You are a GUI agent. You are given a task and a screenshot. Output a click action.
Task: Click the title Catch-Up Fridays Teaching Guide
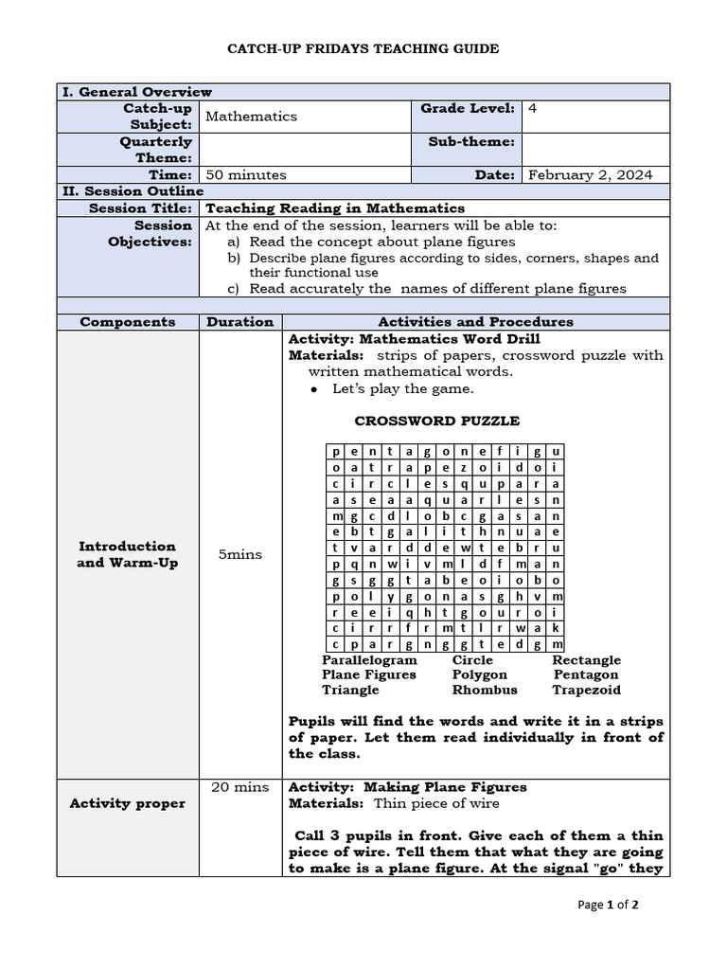click(x=363, y=48)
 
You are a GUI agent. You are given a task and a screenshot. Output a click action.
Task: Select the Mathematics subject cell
click(x=251, y=117)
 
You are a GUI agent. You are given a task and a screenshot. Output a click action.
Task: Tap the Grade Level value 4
click(x=533, y=109)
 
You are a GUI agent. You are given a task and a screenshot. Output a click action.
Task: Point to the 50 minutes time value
click(x=246, y=175)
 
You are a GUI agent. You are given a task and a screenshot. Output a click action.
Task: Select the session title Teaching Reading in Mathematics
click(x=335, y=208)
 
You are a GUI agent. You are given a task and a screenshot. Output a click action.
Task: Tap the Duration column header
click(x=240, y=322)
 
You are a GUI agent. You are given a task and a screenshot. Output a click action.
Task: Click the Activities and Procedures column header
click(x=475, y=322)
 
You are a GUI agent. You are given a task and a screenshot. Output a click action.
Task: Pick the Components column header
click(x=128, y=322)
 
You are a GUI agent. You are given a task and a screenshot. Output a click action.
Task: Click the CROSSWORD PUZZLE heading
click(x=436, y=421)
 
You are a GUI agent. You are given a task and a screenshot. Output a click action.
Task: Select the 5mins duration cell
click(x=240, y=554)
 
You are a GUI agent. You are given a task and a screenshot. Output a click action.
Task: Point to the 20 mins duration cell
click(x=240, y=787)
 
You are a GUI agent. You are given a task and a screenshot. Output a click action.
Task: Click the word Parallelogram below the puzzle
click(x=369, y=660)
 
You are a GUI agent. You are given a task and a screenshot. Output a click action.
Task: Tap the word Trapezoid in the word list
click(x=587, y=691)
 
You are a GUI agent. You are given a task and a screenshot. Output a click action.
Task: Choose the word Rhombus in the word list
click(x=485, y=691)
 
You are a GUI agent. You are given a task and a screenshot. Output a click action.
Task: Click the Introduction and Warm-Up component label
click(x=128, y=554)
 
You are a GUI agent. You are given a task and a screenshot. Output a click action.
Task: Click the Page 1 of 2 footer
click(x=608, y=905)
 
